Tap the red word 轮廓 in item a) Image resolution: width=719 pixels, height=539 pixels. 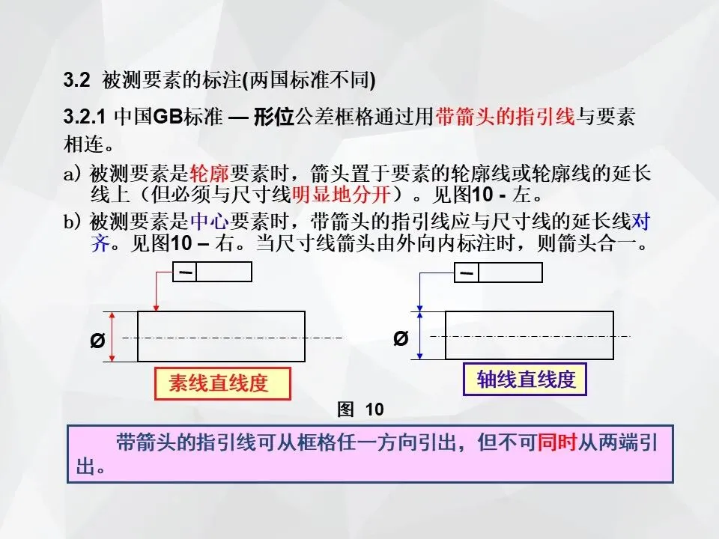point(210,175)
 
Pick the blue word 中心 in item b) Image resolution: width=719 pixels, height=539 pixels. point(210,222)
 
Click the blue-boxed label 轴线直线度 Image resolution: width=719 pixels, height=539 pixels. point(527,380)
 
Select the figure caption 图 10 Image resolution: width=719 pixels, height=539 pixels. point(361,409)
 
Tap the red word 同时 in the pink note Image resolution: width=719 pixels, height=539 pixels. point(556,442)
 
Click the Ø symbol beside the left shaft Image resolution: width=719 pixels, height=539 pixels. point(97,341)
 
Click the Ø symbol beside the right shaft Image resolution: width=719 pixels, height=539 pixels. point(401,339)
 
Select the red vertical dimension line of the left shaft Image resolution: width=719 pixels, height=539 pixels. point(112,337)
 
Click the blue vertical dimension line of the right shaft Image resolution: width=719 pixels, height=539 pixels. point(420,335)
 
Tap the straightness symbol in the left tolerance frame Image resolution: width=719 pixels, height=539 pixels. point(186,272)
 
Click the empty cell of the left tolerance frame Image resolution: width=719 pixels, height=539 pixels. point(225,272)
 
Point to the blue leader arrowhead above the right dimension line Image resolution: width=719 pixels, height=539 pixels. point(420,306)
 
